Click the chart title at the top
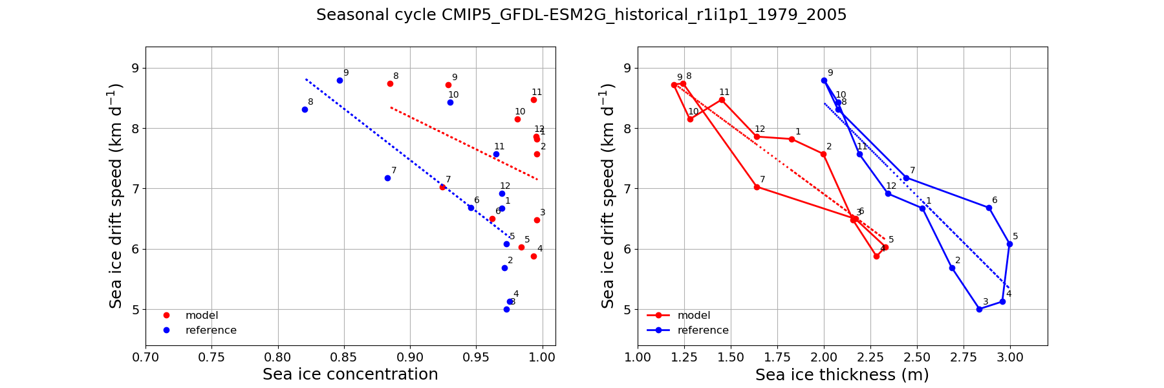tap(581, 15)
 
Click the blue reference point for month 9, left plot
tap(339, 80)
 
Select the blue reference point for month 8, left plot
tap(305, 109)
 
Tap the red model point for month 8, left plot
tap(390, 83)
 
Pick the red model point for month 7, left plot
tap(442, 187)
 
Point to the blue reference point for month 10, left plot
tap(450, 102)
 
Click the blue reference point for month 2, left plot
tap(504, 268)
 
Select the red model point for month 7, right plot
tap(757, 187)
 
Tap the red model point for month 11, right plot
tap(722, 100)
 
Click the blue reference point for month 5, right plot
tap(1009, 244)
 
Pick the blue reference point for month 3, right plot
tap(979, 309)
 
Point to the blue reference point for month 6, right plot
tap(989, 208)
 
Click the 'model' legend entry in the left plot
tap(201, 316)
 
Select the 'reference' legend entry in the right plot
tap(702, 330)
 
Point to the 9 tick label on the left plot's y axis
tap(136, 69)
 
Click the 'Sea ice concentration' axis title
tap(350, 374)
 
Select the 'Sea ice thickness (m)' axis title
tap(842, 374)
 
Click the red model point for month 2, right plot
tap(823, 154)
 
